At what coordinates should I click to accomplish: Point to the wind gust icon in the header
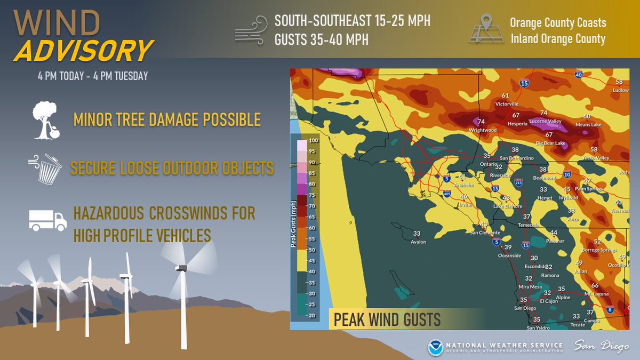pyautogui.click(x=250, y=30)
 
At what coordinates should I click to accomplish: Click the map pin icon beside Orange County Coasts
pyautogui.click(x=485, y=30)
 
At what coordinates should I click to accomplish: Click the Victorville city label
pyautogui.click(x=507, y=103)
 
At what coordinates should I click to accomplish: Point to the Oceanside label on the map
pyautogui.click(x=509, y=255)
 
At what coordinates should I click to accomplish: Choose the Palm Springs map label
pyautogui.click(x=588, y=189)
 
